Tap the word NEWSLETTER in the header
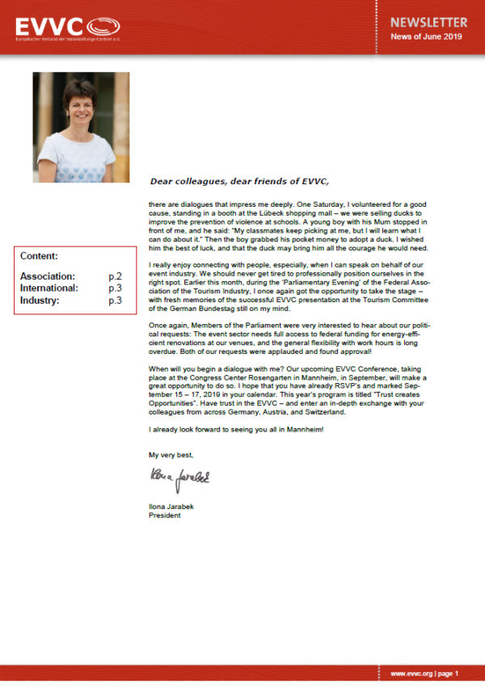click(x=428, y=22)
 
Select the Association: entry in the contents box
click(x=48, y=276)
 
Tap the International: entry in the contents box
click(x=49, y=288)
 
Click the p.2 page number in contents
click(x=116, y=276)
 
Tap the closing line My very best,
click(x=171, y=456)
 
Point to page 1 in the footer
click(x=447, y=673)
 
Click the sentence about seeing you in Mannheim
click(x=237, y=428)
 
